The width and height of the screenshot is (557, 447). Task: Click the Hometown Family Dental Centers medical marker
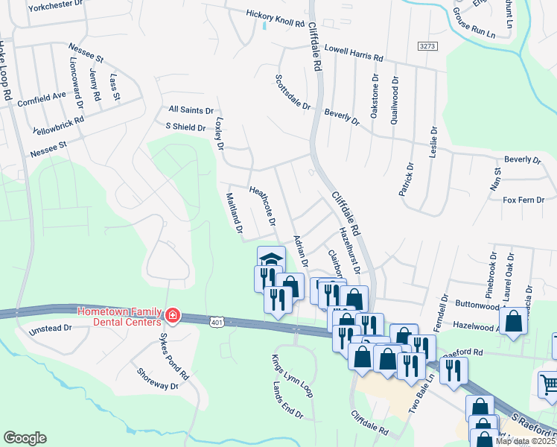[172, 316]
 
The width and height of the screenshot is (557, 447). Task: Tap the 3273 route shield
[427, 46]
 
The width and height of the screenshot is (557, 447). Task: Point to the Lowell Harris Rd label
[353, 51]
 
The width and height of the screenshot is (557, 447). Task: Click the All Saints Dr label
[191, 110]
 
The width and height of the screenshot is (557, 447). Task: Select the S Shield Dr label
[185, 127]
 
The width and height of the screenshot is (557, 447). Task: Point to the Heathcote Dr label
[262, 206]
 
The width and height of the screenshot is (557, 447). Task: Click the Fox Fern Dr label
[524, 200]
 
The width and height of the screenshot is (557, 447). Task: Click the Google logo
[25, 437]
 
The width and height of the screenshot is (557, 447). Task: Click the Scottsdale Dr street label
[292, 92]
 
